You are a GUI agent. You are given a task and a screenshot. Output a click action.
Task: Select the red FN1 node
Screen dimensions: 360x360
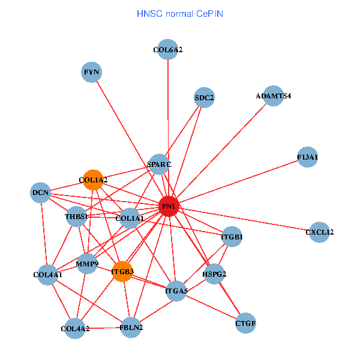pos(169,206)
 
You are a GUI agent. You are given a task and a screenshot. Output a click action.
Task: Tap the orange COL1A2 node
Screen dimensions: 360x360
pos(93,179)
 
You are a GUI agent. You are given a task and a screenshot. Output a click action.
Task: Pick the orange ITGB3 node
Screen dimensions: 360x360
pos(122,271)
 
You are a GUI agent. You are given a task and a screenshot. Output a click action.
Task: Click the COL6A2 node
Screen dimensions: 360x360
pos(167,50)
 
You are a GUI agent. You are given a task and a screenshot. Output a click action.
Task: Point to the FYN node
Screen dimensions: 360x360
pos(92,73)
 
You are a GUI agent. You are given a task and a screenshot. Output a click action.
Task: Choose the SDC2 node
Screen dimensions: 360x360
pos(205,97)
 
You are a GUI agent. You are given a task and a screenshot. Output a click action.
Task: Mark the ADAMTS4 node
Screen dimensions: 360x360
pos(273,95)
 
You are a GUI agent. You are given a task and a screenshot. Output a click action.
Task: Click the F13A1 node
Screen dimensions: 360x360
pos(307,157)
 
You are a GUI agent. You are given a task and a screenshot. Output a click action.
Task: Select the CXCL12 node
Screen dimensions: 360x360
pos(319,232)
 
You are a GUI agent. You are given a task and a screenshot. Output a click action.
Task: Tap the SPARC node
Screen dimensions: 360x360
pos(159,164)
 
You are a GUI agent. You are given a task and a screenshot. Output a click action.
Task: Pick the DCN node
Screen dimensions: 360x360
pos(40,193)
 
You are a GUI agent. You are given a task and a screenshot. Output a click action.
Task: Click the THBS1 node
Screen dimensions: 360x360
pos(76,216)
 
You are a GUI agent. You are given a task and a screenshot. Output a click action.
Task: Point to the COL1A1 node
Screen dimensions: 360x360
pos(130,218)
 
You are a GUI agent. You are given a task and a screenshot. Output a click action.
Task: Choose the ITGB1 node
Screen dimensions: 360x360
pos(232,237)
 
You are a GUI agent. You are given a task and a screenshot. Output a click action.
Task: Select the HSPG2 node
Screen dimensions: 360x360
pos(214,274)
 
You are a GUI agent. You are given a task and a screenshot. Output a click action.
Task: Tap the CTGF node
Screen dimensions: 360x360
pos(246,323)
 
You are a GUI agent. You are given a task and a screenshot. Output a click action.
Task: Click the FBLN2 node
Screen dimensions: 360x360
pos(131,328)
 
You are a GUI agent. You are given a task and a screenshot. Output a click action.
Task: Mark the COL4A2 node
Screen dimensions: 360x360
pos(75,328)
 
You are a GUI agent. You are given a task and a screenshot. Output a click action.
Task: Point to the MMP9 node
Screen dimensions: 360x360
pos(87,263)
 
